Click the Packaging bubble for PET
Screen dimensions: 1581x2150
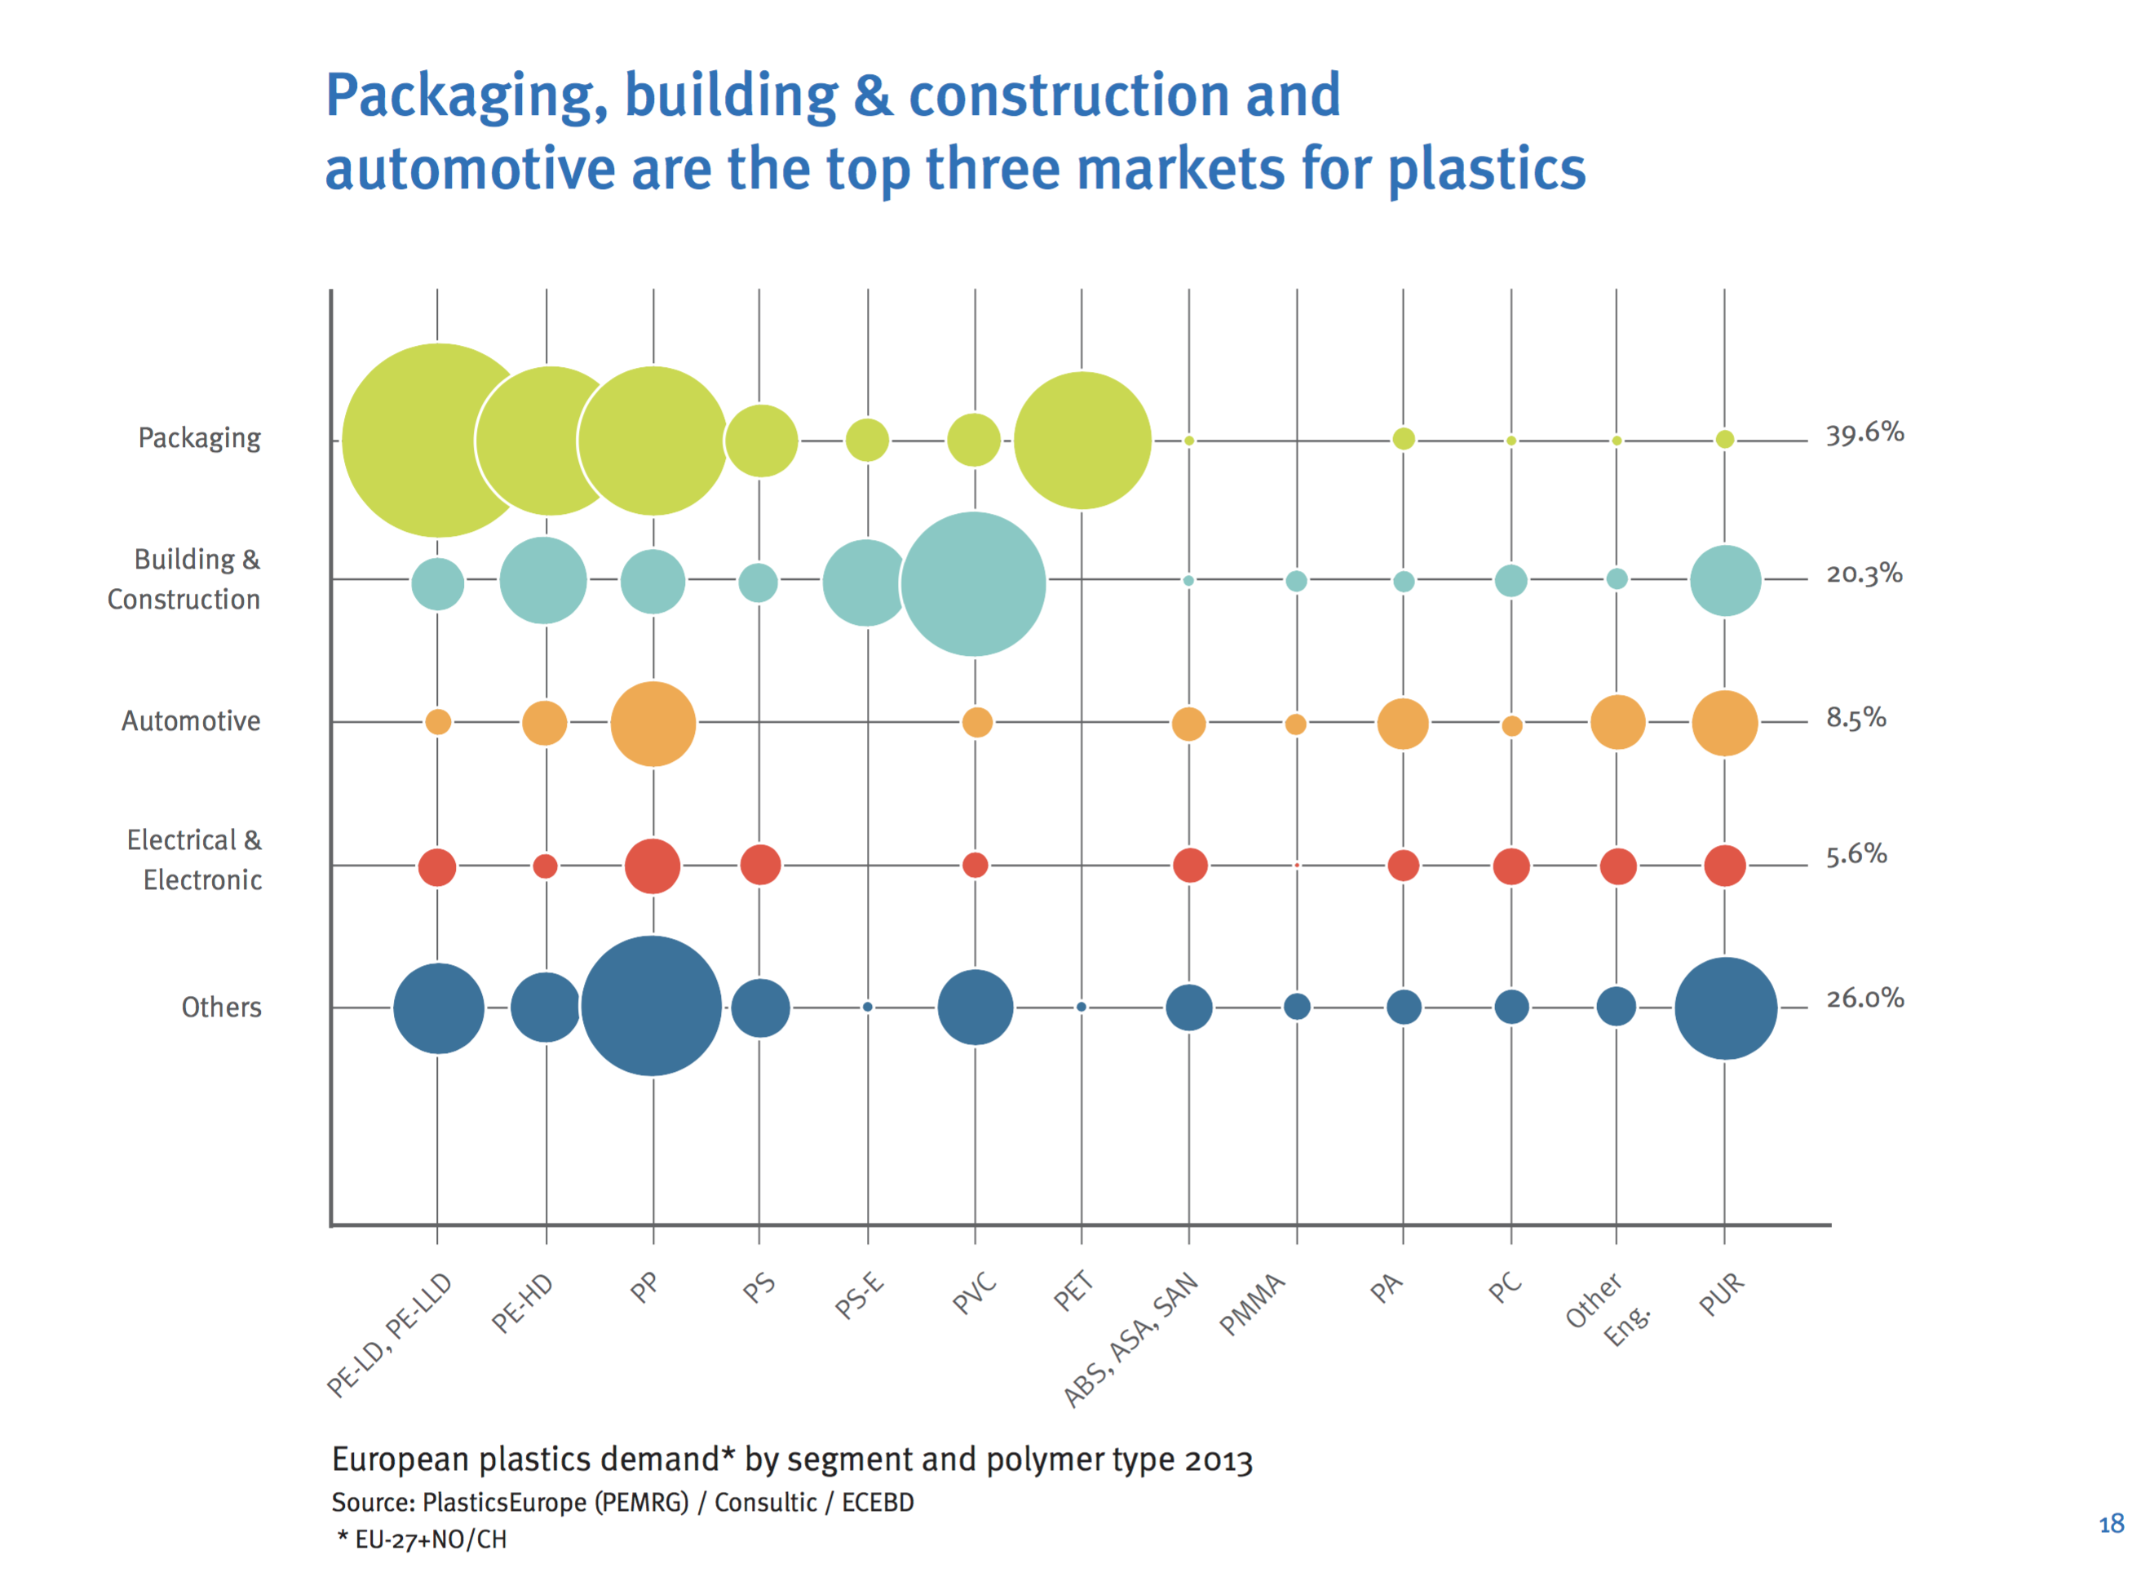[1082, 441]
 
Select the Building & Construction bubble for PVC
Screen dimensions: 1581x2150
[973, 584]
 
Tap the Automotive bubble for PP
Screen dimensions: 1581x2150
[653, 724]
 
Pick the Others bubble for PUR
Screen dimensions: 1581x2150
[1724, 1007]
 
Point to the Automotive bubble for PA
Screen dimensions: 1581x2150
[1402, 724]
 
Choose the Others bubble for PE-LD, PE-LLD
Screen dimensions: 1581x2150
[438, 1007]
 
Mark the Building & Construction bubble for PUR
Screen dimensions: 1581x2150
[1724, 581]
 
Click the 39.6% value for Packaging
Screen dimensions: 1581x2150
[1864, 433]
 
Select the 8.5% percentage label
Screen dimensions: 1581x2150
[1856, 718]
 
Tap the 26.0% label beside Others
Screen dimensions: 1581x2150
[1864, 999]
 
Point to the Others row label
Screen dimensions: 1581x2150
[221, 1007]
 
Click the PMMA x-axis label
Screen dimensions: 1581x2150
[1251, 1304]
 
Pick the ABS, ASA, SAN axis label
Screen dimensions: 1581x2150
[1131, 1339]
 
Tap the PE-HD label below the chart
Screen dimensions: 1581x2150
[523, 1303]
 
